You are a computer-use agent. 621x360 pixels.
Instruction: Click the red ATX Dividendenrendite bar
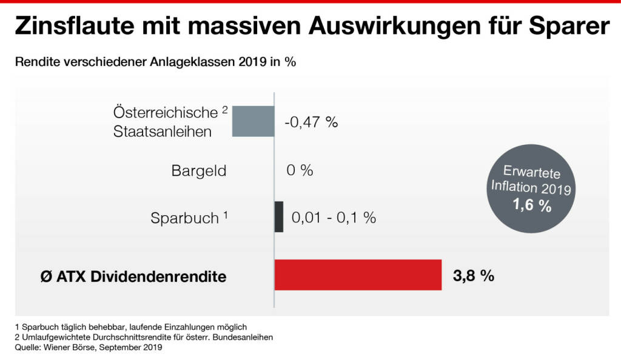coord(358,275)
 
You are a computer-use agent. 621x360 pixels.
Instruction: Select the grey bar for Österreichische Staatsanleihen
coord(253,121)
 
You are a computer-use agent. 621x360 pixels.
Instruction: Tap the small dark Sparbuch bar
coord(279,216)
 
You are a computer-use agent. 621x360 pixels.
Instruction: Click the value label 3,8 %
coord(473,276)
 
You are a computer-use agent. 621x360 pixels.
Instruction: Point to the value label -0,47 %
coord(310,122)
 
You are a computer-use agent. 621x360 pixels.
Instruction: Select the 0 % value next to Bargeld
coord(300,170)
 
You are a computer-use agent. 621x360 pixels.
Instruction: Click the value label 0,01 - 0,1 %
coord(334,217)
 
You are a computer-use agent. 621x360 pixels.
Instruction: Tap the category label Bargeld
coord(199,171)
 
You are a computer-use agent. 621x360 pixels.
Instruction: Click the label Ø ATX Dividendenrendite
coord(129,277)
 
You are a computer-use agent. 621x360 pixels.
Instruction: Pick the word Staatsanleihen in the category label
coord(163,131)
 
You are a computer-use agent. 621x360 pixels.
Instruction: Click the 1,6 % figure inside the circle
coord(532,205)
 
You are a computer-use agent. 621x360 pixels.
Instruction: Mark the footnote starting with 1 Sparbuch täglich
coord(130,327)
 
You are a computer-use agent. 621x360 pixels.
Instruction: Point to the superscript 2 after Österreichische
coord(224,110)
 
